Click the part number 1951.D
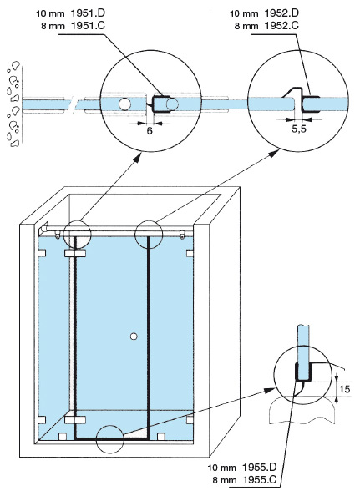[x=89, y=13]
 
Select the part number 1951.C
[x=89, y=26]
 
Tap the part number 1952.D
[x=281, y=13]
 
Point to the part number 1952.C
[x=281, y=26]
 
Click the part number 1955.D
[x=260, y=467]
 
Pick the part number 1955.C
[x=260, y=479]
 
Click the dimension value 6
[x=150, y=130]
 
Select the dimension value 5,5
[x=299, y=129]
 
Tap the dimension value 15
[x=345, y=389]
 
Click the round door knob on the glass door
[x=134, y=337]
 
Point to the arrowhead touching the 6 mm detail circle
[x=137, y=158]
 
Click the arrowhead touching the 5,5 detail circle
[x=274, y=153]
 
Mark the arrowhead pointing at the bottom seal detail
[x=270, y=391]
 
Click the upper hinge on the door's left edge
[x=75, y=253]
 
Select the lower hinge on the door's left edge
[x=75, y=420]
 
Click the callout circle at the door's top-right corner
[x=149, y=220]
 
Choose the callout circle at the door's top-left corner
[x=77, y=220]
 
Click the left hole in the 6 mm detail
[x=124, y=104]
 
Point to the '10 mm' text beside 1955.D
[x=221, y=468]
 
